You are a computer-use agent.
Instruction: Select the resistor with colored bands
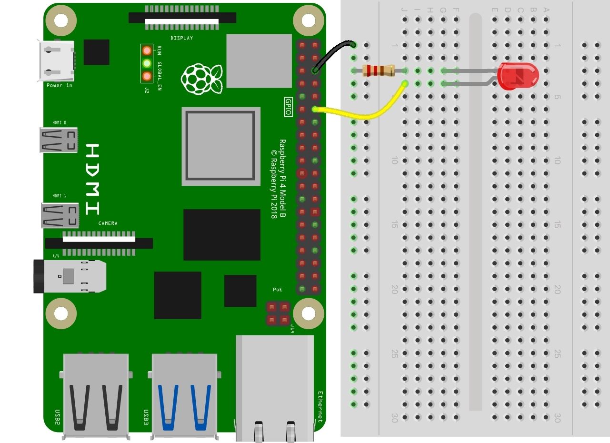pos(379,71)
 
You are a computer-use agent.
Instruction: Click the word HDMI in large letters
pos(93,179)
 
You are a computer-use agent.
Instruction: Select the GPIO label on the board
pos(288,107)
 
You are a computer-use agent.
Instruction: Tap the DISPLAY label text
pos(182,38)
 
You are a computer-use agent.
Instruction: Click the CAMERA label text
pos(108,223)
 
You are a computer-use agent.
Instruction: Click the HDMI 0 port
pos(59,140)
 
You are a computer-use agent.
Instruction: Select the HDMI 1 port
pos(60,215)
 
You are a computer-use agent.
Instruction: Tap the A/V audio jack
pos(70,276)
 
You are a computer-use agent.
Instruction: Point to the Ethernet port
pos(275,386)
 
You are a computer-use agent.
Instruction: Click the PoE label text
pos(278,290)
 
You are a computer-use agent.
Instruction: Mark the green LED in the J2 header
pos(147,63)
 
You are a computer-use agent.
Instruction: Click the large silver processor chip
pos(221,146)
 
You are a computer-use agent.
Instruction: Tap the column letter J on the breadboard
pos(404,10)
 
